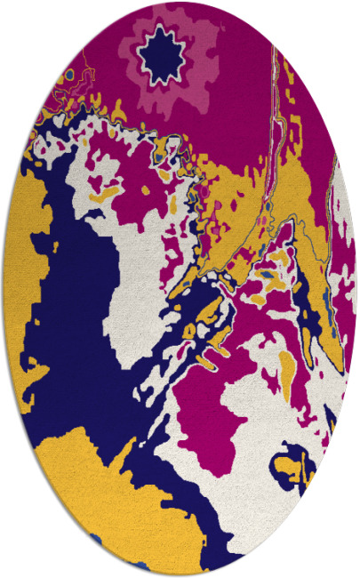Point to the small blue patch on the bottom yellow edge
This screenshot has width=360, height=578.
tap(96, 539)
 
